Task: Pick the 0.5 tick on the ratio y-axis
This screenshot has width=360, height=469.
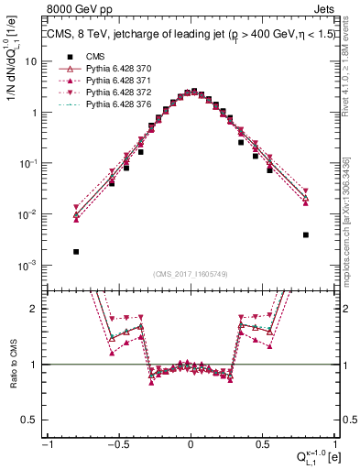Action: pos(31,420)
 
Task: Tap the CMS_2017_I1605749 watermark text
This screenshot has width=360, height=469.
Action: pos(191,273)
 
